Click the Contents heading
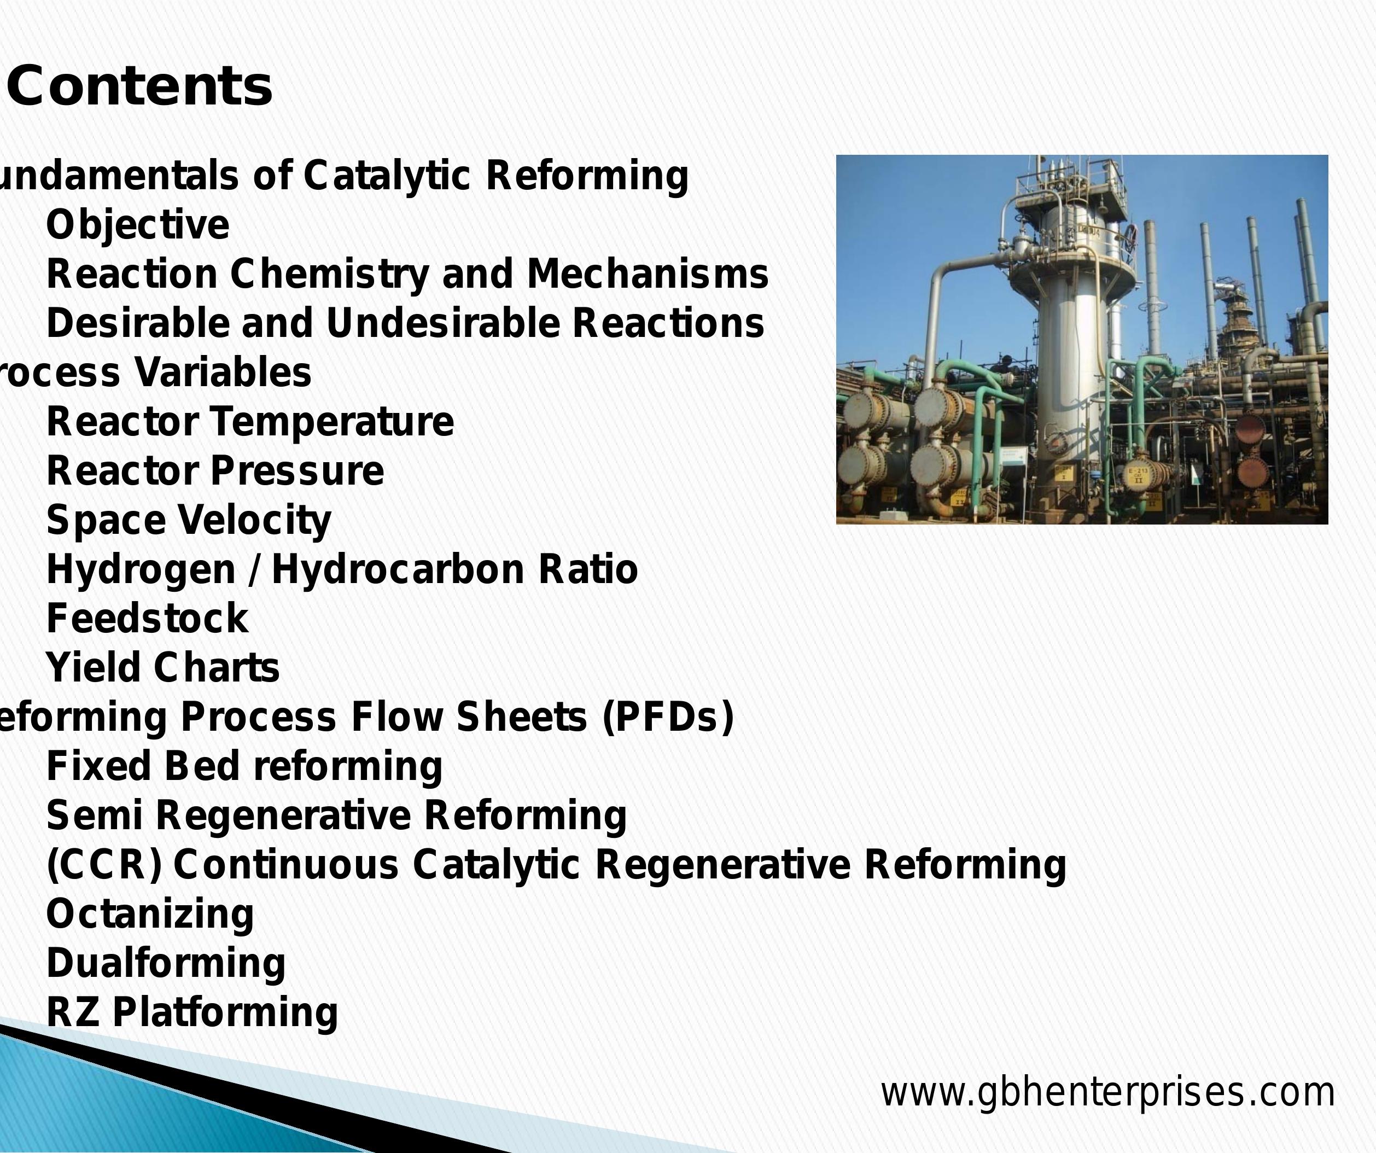click(139, 86)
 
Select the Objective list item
click(138, 225)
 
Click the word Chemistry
click(329, 274)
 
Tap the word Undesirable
click(442, 323)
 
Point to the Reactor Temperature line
click(249, 422)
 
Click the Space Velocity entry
click(189, 521)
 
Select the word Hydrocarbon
click(397, 569)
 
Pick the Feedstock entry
click(148, 618)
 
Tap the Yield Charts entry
click(162, 667)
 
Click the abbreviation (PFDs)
click(667, 717)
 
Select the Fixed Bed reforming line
click(244, 766)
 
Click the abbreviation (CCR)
click(103, 865)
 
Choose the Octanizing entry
click(149, 914)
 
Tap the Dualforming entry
click(166, 963)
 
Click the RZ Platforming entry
click(192, 1012)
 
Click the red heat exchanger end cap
click(1251, 429)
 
